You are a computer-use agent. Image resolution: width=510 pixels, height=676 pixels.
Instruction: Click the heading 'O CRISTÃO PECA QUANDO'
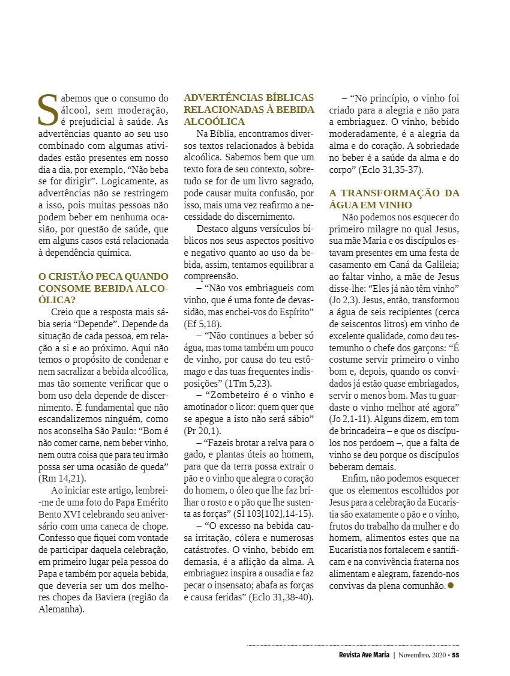(103, 276)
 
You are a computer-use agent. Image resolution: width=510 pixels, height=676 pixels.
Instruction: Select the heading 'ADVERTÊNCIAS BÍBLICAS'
(248, 97)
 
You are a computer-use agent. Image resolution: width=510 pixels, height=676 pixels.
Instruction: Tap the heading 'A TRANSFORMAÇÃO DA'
(394, 193)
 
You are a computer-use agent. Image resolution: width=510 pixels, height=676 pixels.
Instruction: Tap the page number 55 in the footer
(455, 654)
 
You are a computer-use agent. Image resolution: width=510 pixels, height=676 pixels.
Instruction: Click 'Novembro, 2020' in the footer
(422, 654)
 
